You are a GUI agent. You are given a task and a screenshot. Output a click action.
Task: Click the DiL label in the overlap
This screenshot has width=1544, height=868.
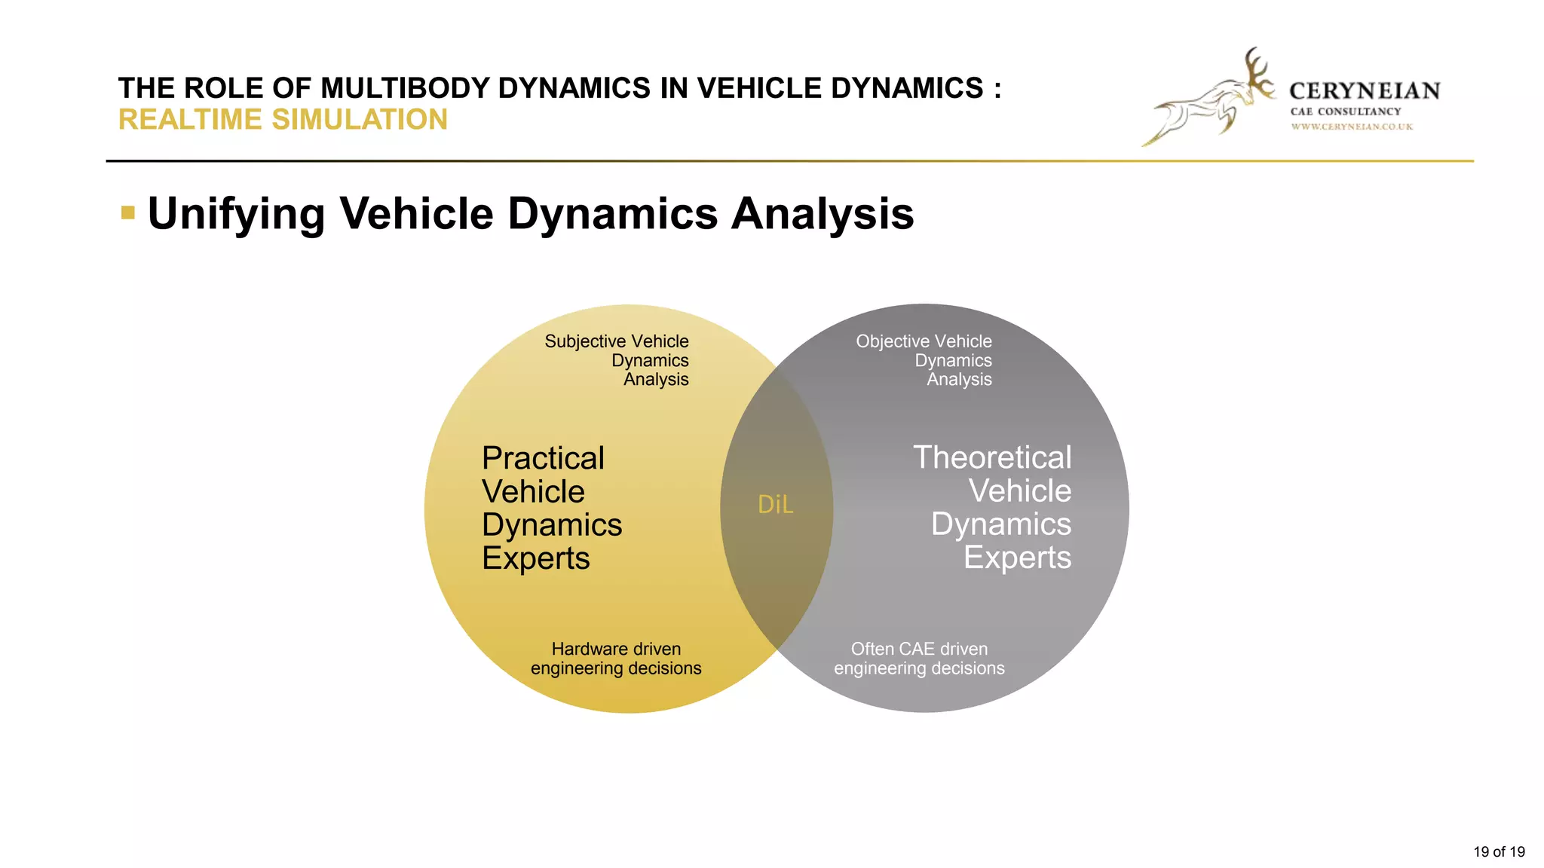pos(775,505)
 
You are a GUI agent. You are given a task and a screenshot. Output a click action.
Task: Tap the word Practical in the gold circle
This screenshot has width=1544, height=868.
pos(543,458)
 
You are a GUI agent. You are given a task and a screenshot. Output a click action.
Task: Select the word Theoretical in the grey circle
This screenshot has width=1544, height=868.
pos(992,457)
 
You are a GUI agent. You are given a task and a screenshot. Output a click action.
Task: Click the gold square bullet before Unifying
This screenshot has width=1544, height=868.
pos(128,213)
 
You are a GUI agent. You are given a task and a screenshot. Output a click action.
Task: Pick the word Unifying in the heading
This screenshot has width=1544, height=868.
pos(236,214)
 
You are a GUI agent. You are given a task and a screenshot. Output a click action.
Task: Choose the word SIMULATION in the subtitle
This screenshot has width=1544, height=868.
pos(360,120)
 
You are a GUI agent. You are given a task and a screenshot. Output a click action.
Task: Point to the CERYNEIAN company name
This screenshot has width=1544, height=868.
pos(1365,91)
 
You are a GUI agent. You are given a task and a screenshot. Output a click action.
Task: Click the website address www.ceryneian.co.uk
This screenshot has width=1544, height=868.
pos(1352,127)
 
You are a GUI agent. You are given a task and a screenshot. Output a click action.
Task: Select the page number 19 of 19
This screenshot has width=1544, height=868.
pos(1499,851)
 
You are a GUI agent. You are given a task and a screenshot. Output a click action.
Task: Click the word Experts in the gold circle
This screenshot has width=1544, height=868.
pos(535,558)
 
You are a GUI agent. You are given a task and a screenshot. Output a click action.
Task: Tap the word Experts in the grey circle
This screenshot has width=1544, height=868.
pos(1017,558)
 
